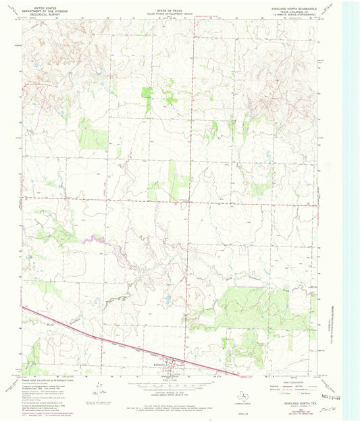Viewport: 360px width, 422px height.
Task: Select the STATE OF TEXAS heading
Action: (x=170, y=7)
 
